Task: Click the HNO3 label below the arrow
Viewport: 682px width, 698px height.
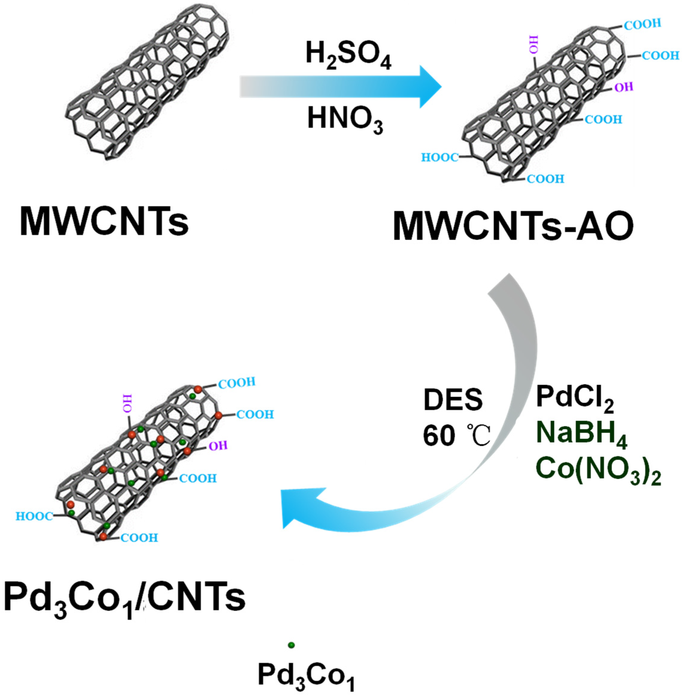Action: tap(345, 120)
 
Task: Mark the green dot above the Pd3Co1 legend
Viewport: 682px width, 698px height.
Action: tap(291, 645)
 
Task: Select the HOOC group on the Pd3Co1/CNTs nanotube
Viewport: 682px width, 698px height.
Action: tap(34, 516)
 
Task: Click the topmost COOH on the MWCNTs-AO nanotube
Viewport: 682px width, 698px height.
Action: tap(642, 24)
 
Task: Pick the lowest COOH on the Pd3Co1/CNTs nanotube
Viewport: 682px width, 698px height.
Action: tap(139, 538)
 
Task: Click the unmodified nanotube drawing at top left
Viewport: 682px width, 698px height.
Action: tap(150, 82)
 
